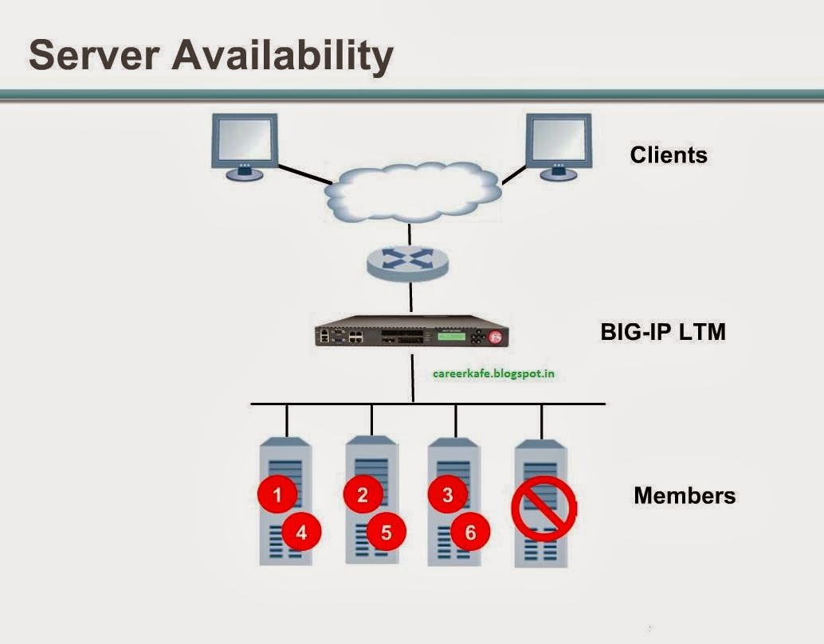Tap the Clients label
[x=668, y=154]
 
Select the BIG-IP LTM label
[x=662, y=331]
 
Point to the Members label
[x=684, y=495]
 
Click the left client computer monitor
[x=245, y=141]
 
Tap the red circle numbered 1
[x=277, y=494]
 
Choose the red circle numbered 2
[x=363, y=494]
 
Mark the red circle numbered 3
[x=447, y=494]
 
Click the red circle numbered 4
[x=301, y=532]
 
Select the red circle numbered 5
[x=386, y=532]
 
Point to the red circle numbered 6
[x=470, y=532]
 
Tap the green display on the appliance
[x=450, y=337]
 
